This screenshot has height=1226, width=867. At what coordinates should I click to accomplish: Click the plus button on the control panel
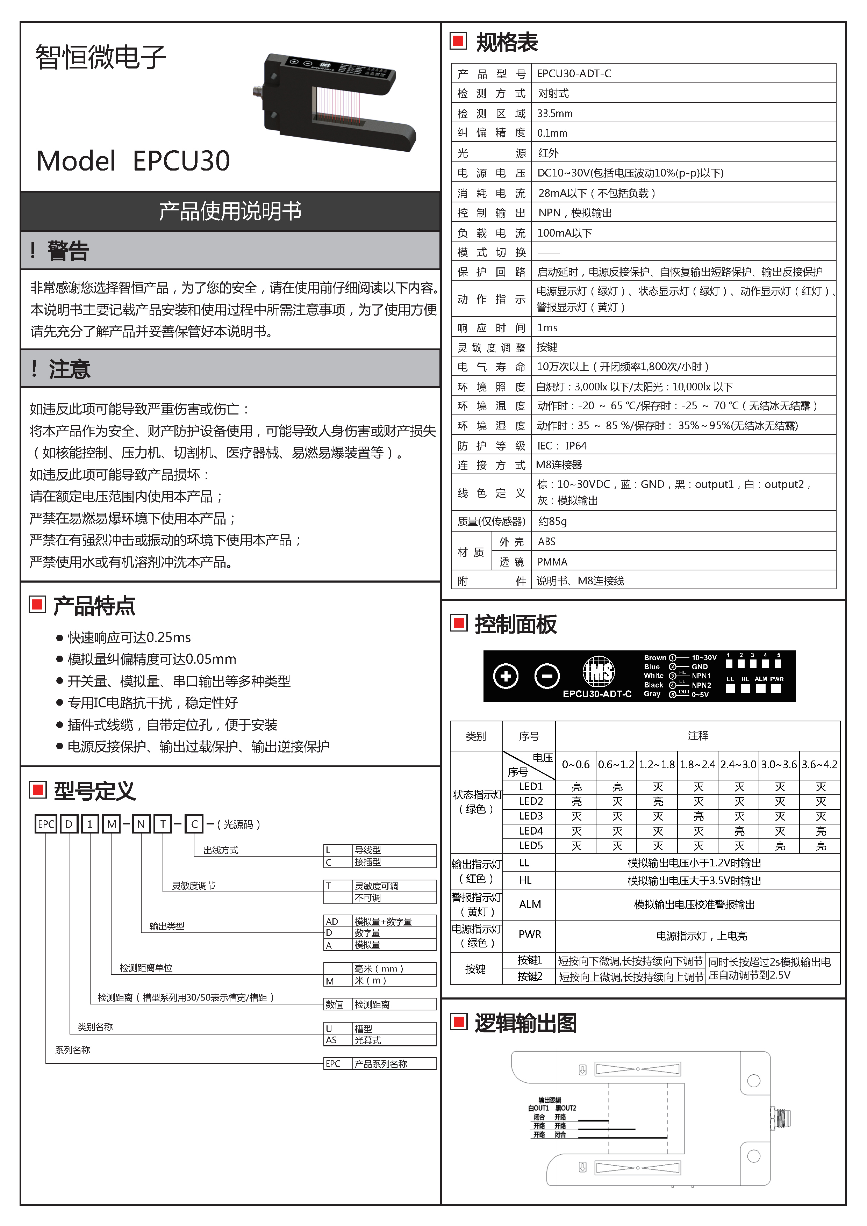506,676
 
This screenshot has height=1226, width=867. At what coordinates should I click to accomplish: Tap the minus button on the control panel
547,676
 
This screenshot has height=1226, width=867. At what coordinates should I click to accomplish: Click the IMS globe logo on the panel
598,672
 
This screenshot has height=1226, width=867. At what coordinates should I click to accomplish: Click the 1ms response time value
547,327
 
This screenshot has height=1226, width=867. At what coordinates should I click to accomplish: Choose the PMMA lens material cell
552,561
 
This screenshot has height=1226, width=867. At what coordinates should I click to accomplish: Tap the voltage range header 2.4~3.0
738,764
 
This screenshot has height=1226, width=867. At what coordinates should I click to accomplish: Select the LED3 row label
530,816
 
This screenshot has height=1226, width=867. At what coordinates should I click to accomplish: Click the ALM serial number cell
530,904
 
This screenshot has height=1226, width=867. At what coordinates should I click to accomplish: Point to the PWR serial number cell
530,934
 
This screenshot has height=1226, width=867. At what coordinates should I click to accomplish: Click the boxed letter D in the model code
69,824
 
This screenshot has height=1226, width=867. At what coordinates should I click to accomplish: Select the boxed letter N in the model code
141,824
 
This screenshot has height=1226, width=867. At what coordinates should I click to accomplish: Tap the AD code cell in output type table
332,921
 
